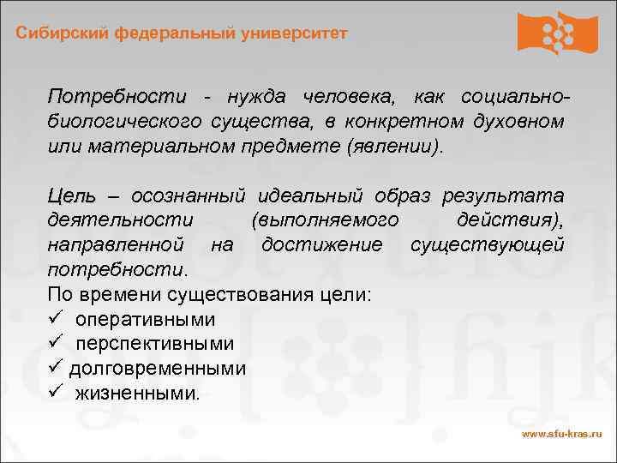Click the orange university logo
coord(557,33)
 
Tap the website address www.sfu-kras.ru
coord(562,434)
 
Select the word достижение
coord(322,245)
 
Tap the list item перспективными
coord(154,344)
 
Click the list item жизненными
coord(137,394)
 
